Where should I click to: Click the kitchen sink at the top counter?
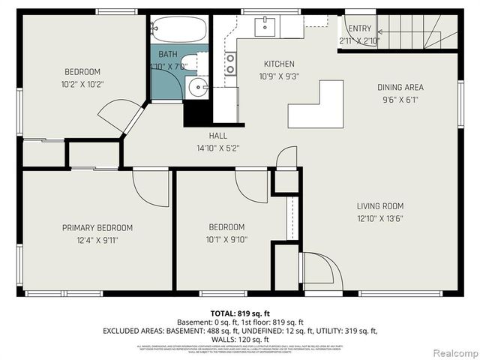(x=266, y=27)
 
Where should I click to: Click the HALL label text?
(x=217, y=136)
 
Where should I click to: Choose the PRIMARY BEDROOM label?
(x=97, y=228)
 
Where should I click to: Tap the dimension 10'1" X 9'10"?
(x=226, y=240)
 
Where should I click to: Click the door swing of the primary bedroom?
(x=150, y=187)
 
